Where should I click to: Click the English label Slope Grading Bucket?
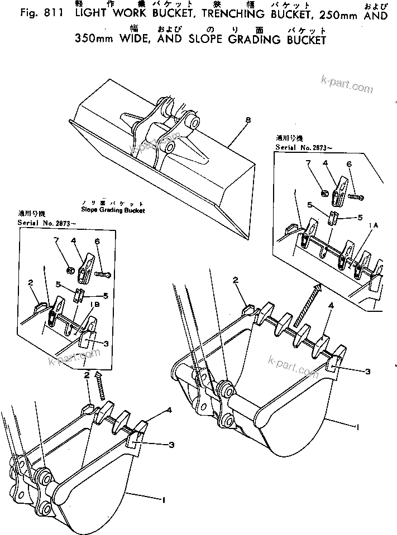(112, 210)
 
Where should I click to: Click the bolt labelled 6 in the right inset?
(356, 196)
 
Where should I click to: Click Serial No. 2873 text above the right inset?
(299, 147)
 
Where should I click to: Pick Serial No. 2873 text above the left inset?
(44, 223)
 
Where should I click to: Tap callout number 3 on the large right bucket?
(368, 371)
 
